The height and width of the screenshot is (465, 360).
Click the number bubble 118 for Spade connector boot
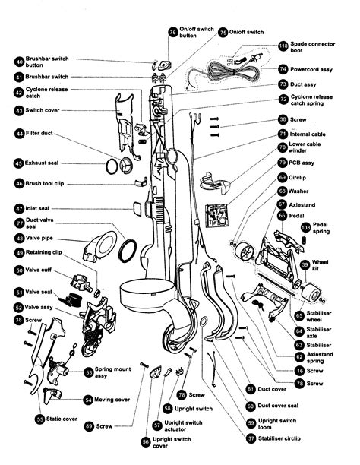283,46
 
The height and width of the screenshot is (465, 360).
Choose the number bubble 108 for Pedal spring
305,227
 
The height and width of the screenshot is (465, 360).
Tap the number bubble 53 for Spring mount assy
89,372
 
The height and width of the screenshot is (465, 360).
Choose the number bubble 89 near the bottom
89,427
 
